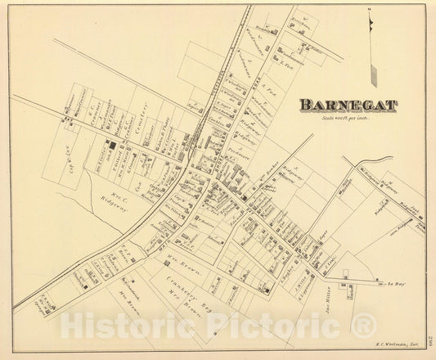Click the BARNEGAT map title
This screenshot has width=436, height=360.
pos(347,105)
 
